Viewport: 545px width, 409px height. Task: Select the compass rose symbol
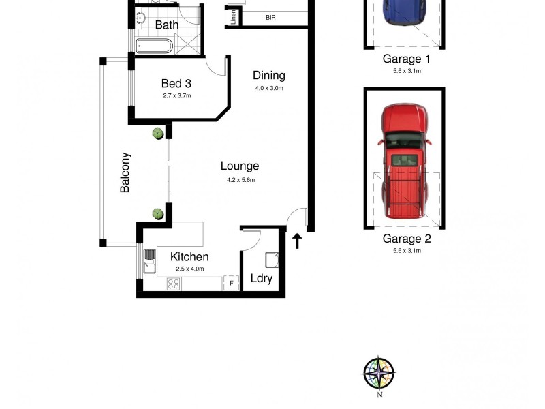click(x=379, y=373)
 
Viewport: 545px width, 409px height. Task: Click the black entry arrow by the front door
click(x=297, y=241)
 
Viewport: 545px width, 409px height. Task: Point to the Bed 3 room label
click(x=176, y=84)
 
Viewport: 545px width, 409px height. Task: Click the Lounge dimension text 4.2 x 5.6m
click(x=240, y=180)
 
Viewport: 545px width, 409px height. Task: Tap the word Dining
click(x=268, y=76)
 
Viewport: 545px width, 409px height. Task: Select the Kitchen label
click(x=189, y=257)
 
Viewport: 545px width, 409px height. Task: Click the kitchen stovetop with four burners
click(x=174, y=284)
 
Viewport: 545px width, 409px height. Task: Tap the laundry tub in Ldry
click(x=271, y=259)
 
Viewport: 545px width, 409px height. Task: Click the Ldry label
click(x=262, y=278)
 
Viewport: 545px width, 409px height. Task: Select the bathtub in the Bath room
click(x=154, y=46)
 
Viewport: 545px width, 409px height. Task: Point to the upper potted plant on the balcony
click(x=158, y=133)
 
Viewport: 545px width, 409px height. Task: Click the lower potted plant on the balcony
click(x=158, y=214)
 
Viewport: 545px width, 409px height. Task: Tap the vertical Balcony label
click(x=125, y=172)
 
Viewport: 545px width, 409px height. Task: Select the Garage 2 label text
click(x=407, y=239)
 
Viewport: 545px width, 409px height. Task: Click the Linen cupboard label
click(x=234, y=17)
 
